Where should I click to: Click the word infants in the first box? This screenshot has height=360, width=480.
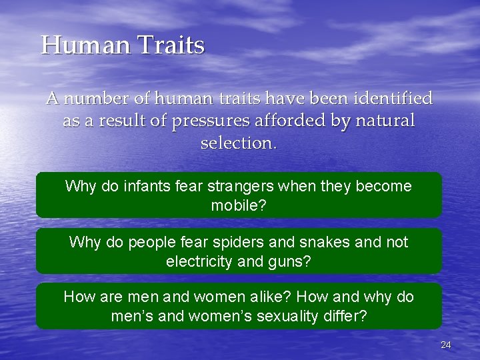point(146,186)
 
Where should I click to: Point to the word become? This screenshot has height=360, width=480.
point(383,186)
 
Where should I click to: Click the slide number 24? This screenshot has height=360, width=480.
point(446,345)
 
